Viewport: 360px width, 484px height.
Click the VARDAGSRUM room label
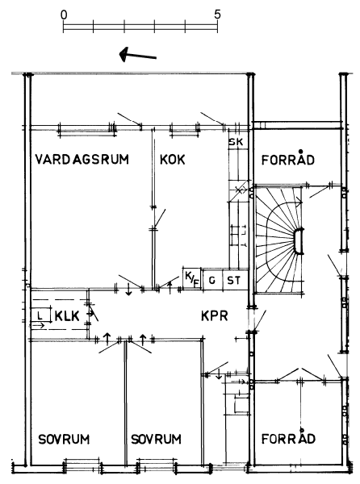pyautogui.click(x=82, y=160)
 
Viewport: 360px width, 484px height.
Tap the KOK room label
pyautogui.click(x=172, y=160)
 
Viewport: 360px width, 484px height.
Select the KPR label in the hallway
pyautogui.click(x=215, y=315)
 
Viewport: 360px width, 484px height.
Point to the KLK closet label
pyautogui.click(x=67, y=316)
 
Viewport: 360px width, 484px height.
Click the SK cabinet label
pyautogui.click(x=236, y=142)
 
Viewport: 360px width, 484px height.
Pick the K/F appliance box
pyautogui.click(x=192, y=279)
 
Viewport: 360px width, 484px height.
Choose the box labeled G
pyautogui.click(x=212, y=280)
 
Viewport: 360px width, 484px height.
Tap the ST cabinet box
pyautogui.click(x=235, y=280)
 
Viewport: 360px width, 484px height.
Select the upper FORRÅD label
pyautogui.click(x=287, y=159)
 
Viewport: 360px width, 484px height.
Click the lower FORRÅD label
pyautogui.click(x=288, y=438)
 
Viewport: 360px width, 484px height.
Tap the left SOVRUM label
pyautogui.click(x=64, y=439)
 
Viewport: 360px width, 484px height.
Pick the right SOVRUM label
pyautogui.click(x=156, y=439)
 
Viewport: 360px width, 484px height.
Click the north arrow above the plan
pyautogui.click(x=138, y=55)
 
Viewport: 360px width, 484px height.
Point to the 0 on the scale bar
pyautogui.click(x=64, y=15)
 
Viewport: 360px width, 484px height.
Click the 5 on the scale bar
pyautogui.click(x=218, y=15)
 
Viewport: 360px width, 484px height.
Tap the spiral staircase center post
pyautogui.click(x=299, y=241)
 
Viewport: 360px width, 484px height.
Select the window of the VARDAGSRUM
pyautogui.click(x=86, y=130)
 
